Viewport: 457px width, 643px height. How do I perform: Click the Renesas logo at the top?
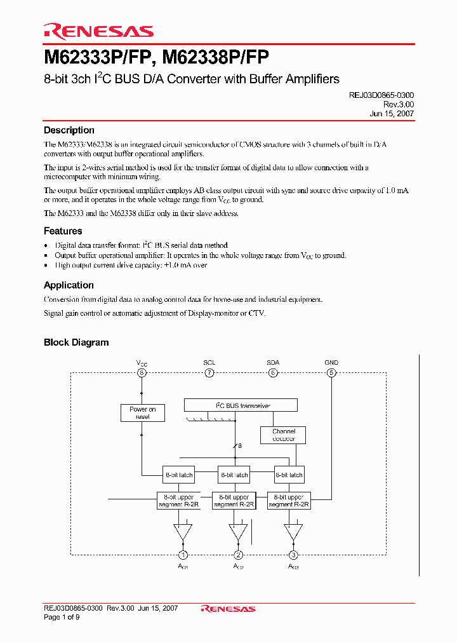(98, 30)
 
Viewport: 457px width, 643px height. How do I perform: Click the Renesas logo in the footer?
(228, 609)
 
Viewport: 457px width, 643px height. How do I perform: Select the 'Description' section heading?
(69, 130)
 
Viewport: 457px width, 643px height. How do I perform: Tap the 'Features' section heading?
(63, 231)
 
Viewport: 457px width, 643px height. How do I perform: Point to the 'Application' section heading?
(69, 285)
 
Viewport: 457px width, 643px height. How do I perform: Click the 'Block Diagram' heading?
(76, 342)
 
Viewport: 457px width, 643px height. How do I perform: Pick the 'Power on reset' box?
(142, 413)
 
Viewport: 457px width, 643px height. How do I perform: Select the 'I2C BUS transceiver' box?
(241, 405)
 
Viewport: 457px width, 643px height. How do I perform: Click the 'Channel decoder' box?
(284, 435)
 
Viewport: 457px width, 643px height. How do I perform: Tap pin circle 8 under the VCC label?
(142, 373)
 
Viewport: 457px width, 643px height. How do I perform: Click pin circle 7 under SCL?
(209, 373)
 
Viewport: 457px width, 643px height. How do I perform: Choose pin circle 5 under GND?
(331, 373)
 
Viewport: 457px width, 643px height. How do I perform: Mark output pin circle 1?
(183, 555)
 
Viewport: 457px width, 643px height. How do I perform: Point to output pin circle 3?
(293, 555)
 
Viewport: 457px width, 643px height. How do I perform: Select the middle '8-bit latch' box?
(234, 475)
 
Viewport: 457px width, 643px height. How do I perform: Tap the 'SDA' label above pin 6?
(273, 363)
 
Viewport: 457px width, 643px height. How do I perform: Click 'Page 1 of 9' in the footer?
(60, 617)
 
